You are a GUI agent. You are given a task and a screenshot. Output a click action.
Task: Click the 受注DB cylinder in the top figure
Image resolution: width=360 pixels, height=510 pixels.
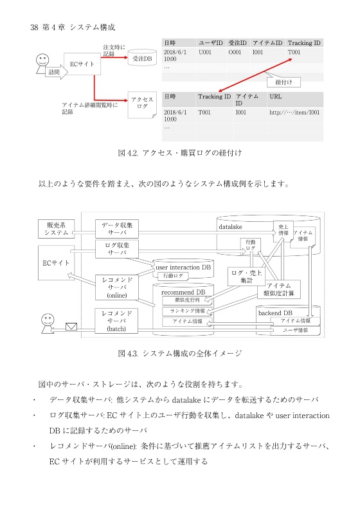(x=141, y=59)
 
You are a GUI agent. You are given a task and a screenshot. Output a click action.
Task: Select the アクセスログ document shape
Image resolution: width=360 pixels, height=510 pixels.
(x=142, y=103)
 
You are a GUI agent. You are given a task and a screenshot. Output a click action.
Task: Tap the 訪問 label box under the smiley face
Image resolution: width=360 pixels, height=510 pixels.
(x=53, y=73)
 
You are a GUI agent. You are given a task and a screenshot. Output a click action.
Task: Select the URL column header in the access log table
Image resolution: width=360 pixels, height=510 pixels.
(x=275, y=96)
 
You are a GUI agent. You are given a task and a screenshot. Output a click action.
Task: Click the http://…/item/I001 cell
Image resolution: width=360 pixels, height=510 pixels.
(x=294, y=111)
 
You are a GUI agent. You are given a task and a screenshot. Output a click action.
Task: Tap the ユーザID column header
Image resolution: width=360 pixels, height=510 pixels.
(x=210, y=42)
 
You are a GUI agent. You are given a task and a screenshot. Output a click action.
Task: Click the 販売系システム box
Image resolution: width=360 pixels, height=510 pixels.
(x=57, y=229)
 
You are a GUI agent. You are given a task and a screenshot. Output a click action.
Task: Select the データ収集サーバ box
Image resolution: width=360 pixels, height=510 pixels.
(x=117, y=229)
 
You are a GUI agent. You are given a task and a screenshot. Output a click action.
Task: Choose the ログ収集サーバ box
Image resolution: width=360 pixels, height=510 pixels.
(x=117, y=249)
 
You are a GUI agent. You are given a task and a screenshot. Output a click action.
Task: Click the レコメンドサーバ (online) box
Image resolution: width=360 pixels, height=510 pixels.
(x=117, y=287)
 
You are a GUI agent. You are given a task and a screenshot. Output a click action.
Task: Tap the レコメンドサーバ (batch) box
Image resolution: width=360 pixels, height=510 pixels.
(x=117, y=320)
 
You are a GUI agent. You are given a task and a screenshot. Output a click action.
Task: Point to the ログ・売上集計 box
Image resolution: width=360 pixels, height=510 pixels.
(x=246, y=277)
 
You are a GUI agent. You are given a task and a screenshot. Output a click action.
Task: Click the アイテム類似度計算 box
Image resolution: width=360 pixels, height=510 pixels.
(x=278, y=289)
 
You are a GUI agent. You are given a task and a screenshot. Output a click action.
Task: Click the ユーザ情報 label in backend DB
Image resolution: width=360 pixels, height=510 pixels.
(x=296, y=330)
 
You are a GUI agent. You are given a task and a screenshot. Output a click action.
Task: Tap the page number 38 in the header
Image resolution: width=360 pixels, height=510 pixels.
(x=35, y=27)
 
